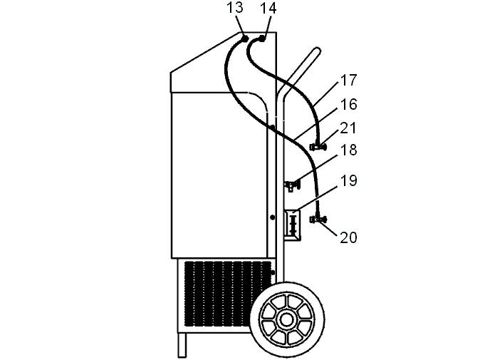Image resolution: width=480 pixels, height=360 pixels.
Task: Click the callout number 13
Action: [235, 8]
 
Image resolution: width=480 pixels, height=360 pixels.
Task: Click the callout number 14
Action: [268, 9]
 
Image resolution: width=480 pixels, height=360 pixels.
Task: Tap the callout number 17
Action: [349, 80]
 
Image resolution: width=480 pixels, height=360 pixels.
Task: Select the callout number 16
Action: [349, 104]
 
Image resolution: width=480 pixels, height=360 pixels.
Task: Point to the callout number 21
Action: [349, 128]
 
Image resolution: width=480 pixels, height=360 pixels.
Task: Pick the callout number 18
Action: [349, 150]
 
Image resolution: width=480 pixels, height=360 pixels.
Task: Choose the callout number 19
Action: [349, 180]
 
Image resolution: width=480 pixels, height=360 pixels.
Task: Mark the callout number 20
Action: [349, 237]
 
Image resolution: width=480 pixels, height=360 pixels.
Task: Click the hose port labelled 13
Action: [245, 38]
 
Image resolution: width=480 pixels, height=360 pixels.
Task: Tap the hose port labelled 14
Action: [262, 38]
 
